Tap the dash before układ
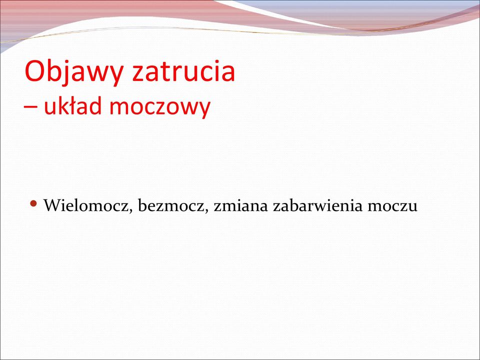30,107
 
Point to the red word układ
72,105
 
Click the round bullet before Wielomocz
33,203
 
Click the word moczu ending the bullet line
393,206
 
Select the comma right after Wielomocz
130,211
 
